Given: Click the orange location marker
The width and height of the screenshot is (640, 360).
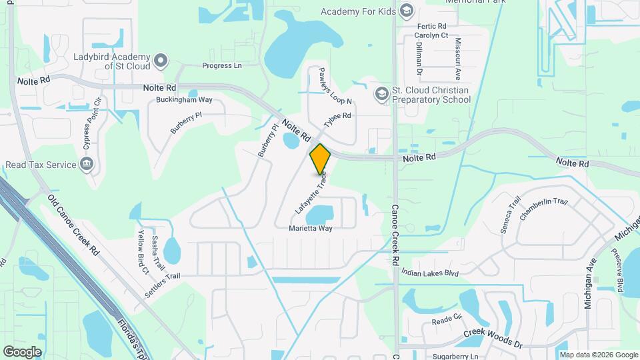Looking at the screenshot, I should (x=320, y=159).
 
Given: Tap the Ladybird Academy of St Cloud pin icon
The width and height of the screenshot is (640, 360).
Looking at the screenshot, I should (x=160, y=62).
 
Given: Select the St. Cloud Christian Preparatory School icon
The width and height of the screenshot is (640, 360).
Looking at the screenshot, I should (x=382, y=94).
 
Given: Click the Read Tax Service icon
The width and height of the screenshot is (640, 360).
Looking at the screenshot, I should (x=86, y=164).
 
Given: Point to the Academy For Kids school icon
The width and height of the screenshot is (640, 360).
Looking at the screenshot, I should (x=407, y=11).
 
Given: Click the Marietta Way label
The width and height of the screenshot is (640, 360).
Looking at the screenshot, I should (x=311, y=228).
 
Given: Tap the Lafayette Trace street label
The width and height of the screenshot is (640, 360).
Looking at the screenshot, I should (x=311, y=193).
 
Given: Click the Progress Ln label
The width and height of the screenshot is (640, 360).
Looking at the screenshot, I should (x=222, y=66).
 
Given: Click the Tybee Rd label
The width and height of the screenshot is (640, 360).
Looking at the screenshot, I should (x=337, y=121).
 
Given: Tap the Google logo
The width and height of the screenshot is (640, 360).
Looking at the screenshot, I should (x=22, y=351).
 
